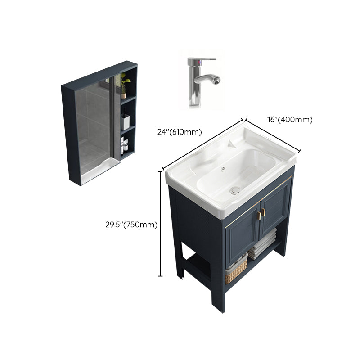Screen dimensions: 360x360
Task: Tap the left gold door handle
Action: click(259, 216)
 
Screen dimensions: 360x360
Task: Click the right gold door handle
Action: click(263, 213)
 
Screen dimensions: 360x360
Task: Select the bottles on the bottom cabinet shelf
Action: click(124, 145)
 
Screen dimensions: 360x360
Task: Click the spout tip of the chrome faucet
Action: click(217, 81)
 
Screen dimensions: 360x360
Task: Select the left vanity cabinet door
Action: click(243, 236)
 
